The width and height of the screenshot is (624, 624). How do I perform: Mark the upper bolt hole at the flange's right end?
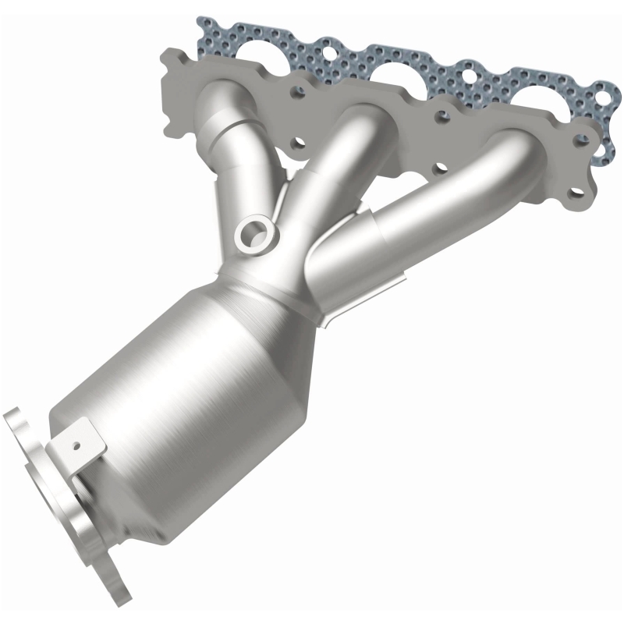[579, 140]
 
